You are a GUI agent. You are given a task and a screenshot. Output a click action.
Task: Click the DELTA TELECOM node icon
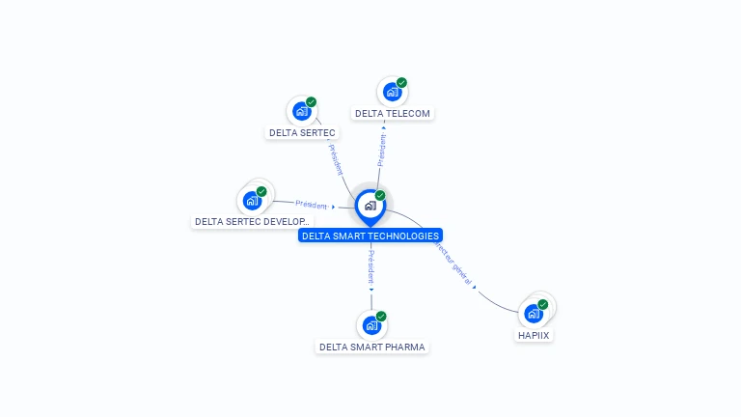392,92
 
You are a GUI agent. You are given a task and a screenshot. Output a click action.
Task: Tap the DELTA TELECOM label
393,113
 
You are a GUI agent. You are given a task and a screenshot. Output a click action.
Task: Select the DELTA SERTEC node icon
301,111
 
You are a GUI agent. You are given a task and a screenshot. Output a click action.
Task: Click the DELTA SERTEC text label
302,132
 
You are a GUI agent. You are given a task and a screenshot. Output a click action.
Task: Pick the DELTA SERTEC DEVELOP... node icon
252,201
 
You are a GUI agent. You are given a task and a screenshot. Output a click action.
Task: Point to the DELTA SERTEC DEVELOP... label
252,221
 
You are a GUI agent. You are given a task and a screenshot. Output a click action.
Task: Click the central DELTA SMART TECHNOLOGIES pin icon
370,206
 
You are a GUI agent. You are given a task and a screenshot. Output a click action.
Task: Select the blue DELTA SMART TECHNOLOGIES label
370,236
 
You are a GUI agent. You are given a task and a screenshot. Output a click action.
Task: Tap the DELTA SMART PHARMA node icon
371,325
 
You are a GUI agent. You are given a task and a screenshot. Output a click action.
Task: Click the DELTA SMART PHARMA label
372,347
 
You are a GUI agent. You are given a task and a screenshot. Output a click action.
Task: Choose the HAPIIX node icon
534,313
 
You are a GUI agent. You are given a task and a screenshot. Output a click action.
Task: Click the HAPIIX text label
535,335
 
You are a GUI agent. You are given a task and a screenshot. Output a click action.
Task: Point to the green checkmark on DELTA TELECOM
401,83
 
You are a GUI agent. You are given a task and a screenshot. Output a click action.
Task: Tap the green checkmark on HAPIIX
542,304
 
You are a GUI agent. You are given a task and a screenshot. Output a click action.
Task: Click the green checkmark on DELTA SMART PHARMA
381,317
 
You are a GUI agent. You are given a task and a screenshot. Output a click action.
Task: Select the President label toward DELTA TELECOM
381,151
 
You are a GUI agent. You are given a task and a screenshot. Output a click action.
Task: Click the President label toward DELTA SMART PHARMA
370,266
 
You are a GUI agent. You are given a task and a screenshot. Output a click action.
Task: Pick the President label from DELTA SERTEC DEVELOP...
312,205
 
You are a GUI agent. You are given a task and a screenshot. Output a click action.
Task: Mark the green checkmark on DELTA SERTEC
311,102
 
